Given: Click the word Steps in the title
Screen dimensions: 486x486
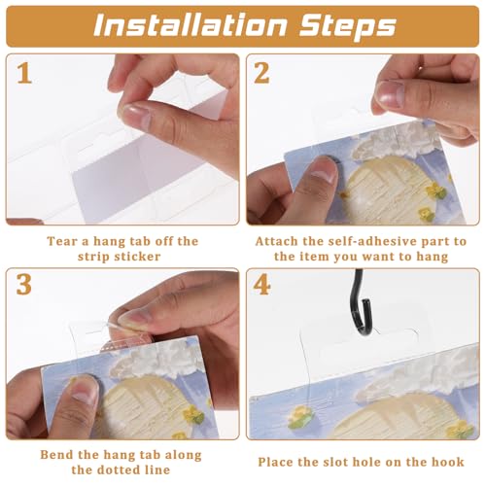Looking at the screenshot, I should [x=347, y=25].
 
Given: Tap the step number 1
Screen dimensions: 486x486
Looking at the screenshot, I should [x=22, y=73].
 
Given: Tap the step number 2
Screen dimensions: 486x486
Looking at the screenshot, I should [x=263, y=73].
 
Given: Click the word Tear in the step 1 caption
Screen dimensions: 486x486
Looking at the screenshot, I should [x=60, y=240].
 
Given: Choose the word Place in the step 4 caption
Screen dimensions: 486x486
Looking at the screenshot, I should [x=278, y=462].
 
